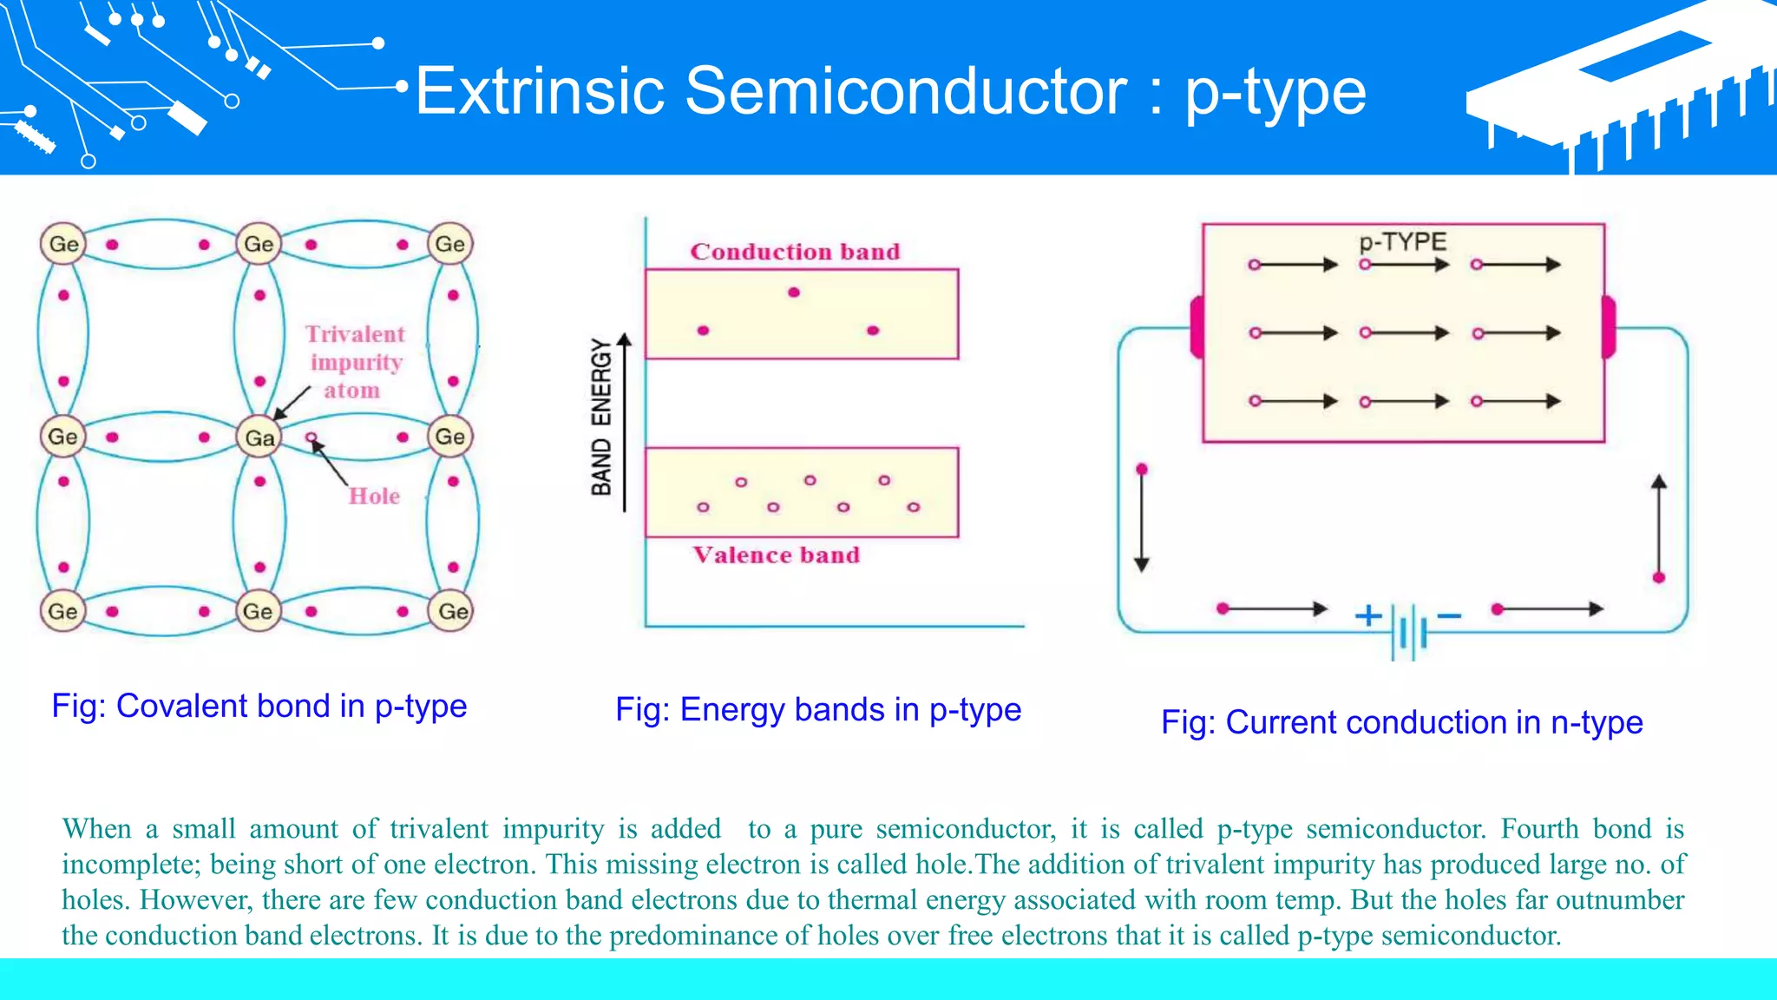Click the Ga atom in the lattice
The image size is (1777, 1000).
(259, 437)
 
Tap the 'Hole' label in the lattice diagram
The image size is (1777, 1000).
(374, 496)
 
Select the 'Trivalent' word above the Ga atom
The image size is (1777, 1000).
(355, 334)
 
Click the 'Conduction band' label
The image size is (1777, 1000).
(795, 252)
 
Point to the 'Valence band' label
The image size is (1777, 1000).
(776, 555)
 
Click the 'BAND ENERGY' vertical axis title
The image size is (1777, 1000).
(601, 417)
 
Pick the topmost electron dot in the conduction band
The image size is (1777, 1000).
(794, 293)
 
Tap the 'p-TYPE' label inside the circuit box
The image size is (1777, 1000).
(1403, 241)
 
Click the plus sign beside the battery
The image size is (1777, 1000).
(1368, 615)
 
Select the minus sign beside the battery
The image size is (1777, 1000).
(1449, 615)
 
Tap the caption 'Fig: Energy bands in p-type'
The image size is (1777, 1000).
(818, 710)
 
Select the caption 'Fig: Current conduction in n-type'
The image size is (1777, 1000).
(1402, 722)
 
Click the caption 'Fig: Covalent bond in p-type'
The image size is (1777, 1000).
(259, 707)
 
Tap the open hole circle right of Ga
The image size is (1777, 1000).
(311, 437)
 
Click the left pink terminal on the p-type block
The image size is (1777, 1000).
(1197, 327)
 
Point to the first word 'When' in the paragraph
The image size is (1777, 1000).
(96, 828)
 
